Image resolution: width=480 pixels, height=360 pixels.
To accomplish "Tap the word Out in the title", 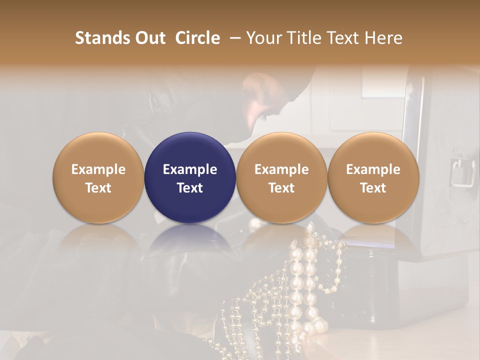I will (149, 38).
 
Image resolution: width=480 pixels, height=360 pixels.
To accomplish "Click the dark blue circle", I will (190, 150).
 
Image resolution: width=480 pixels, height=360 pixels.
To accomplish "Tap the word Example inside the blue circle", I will (190, 169).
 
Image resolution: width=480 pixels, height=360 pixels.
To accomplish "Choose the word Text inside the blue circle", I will (190, 188).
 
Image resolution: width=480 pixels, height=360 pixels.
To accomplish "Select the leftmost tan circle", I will (98, 150).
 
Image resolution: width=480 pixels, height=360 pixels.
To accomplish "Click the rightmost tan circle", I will (373, 150).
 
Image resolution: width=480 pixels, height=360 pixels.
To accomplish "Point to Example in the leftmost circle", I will (98, 169).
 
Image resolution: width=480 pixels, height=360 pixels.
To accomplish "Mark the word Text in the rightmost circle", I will (373, 188).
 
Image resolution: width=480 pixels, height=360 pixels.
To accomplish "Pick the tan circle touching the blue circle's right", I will (281, 150).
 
